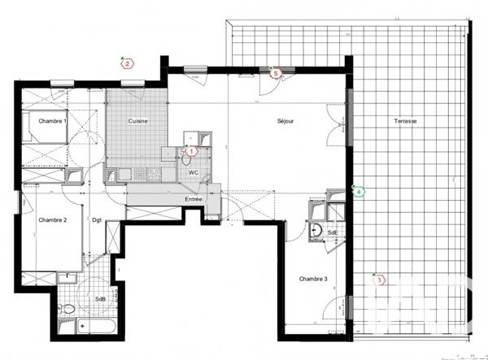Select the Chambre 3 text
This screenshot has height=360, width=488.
[313, 280]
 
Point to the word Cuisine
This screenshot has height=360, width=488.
[137, 121]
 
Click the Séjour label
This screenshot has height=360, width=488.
[285, 121]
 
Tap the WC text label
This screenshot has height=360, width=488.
[194, 173]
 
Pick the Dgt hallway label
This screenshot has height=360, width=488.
[96, 219]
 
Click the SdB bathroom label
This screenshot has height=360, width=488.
[100, 298]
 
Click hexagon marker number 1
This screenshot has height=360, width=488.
[192, 150]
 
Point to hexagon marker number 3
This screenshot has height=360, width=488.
[378, 281]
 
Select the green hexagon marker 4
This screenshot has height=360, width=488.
[359, 192]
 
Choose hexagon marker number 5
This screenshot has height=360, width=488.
[275, 73]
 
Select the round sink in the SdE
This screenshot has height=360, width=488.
[316, 231]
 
